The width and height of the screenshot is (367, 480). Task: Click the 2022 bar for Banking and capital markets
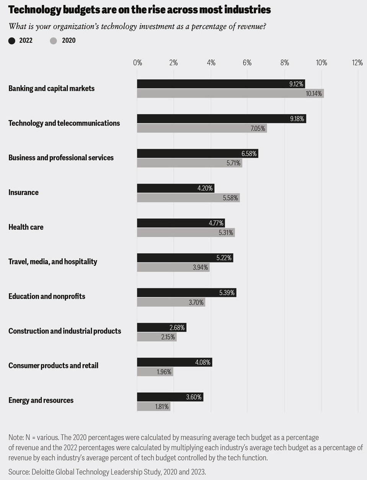click(221, 84)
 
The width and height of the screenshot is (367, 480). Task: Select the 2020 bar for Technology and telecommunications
click(202, 128)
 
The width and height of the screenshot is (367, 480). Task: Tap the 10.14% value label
click(313, 93)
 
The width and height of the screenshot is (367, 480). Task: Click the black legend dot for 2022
click(12, 41)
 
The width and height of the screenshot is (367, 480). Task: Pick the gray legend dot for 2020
click(54, 41)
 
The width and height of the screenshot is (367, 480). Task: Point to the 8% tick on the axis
click(284, 63)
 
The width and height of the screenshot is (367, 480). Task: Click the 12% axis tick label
click(357, 63)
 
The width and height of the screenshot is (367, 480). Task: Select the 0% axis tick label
click(137, 63)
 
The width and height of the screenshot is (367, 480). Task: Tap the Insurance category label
click(23, 192)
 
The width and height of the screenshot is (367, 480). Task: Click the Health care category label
click(26, 227)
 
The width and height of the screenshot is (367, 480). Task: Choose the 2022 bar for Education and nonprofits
click(186, 293)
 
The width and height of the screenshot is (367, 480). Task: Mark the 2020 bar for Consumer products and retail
click(155, 372)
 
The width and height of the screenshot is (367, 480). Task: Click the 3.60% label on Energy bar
click(194, 397)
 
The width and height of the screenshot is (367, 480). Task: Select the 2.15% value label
click(168, 337)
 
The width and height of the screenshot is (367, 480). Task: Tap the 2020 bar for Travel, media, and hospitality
click(173, 267)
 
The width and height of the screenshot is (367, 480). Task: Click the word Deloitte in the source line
click(44, 472)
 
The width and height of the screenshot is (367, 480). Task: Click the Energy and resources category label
click(41, 400)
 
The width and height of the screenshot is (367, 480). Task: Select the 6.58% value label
click(249, 154)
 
